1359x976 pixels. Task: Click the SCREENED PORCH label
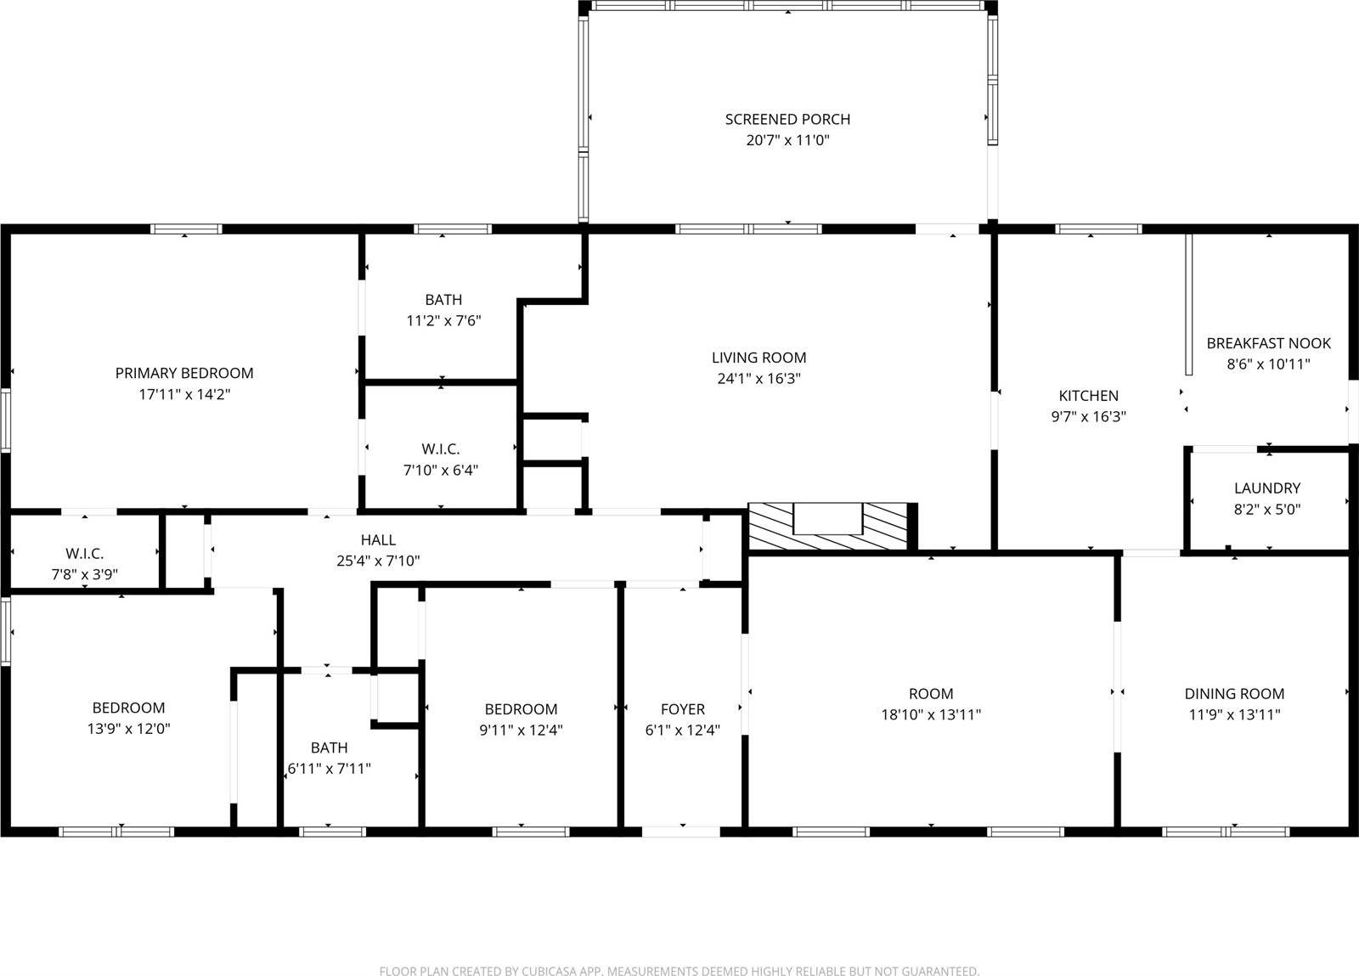click(787, 120)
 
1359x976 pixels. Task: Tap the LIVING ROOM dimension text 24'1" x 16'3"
click(758, 379)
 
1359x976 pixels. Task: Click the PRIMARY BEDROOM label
click(184, 373)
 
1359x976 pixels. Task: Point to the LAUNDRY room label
click(1266, 488)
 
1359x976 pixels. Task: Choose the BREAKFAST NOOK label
click(1268, 343)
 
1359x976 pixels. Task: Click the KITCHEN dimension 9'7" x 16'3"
click(1088, 417)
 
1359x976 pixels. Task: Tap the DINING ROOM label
click(1234, 693)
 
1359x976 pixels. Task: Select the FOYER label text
click(682, 708)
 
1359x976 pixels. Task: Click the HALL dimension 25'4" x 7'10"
click(378, 561)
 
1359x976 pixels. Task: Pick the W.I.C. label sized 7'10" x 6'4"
click(440, 449)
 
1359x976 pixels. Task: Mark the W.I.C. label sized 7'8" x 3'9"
click(84, 554)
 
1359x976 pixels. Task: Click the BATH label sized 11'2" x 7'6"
click(443, 300)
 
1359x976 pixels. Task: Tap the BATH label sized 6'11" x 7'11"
click(329, 748)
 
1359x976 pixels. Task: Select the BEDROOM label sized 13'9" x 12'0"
click(128, 708)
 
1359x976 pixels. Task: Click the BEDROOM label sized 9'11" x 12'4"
click(521, 708)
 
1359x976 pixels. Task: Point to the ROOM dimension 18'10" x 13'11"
click(931, 715)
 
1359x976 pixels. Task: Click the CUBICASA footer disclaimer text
click(679, 970)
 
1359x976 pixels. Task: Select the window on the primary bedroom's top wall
click(186, 228)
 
